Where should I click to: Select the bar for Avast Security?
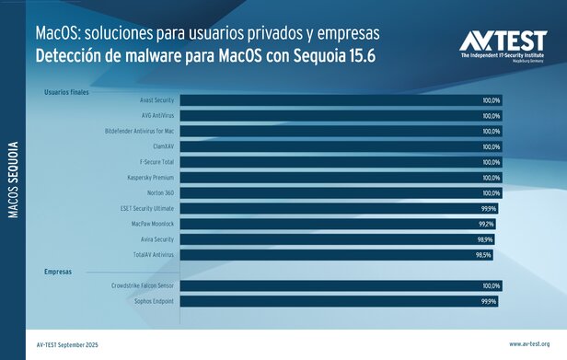tap(341, 100)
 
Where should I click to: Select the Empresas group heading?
tap(58, 272)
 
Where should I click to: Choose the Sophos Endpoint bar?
tap(339, 301)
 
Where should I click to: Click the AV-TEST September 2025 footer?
tap(67, 343)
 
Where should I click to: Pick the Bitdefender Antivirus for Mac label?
tap(134, 131)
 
